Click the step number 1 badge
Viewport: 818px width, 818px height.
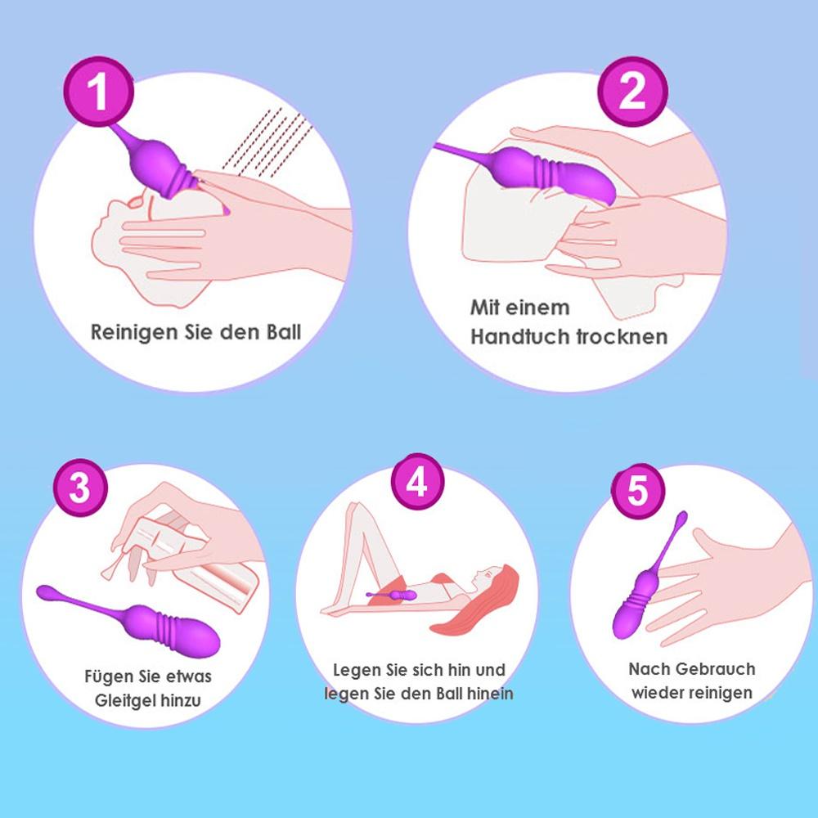97,91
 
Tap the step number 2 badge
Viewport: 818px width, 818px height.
631,92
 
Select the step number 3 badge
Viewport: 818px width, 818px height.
79,489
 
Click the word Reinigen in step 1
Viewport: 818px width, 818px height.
128,333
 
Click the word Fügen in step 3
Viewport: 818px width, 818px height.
105,677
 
